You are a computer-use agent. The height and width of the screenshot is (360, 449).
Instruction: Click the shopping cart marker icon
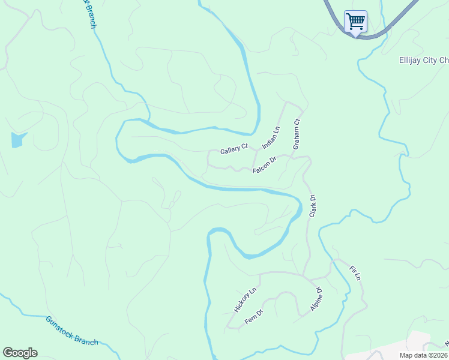point(355,22)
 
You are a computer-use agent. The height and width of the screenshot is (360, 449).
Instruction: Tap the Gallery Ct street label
point(234,148)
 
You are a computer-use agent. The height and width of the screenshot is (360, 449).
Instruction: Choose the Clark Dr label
point(312,206)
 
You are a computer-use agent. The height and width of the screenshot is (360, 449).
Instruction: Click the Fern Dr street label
point(254,317)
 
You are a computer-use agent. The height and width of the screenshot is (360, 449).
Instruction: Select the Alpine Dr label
point(317,299)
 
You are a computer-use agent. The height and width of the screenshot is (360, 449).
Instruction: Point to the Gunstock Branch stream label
point(71,331)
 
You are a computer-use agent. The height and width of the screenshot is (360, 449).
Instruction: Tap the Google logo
point(20,353)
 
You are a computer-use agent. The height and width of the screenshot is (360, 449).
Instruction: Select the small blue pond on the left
point(17,140)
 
